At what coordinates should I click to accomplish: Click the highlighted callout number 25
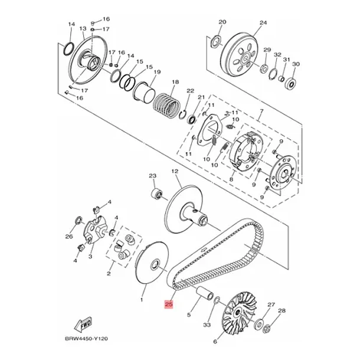169,305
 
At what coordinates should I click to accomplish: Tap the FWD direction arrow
83,325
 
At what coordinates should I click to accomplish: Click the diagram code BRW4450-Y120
86,339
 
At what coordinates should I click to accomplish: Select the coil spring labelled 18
166,105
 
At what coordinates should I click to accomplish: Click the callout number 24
263,23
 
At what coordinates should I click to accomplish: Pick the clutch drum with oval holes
240,56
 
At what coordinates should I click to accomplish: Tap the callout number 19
157,73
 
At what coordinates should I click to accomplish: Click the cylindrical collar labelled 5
205,293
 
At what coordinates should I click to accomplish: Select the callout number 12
175,171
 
